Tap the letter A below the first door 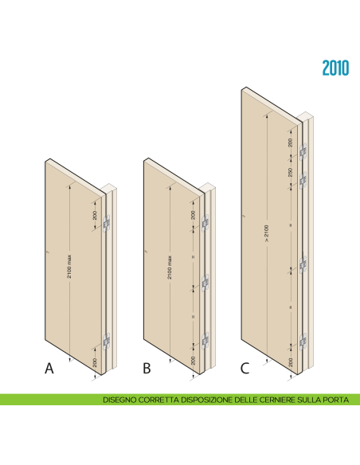click(49, 369)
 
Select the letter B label click(147, 369)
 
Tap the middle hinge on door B click(205, 283)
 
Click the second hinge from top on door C click(303, 181)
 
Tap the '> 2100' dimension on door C click(267, 236)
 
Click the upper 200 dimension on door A click(94, 213)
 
